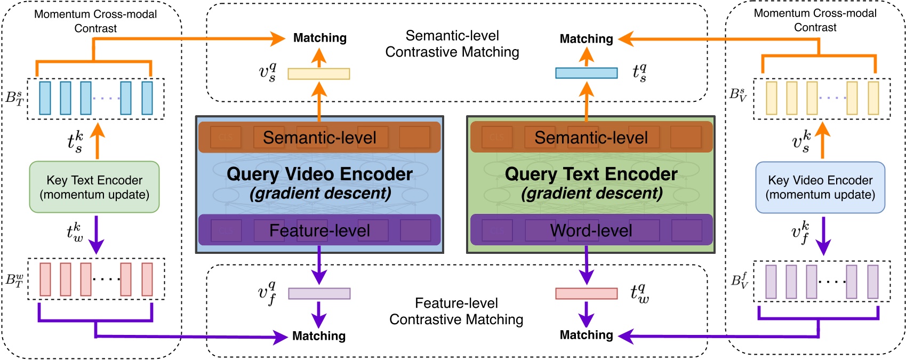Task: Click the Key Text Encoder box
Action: point(94,187)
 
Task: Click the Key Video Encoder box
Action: point(820,187)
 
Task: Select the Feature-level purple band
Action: point(319,230)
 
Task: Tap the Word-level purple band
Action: point(591,230)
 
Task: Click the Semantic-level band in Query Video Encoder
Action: point(319,138)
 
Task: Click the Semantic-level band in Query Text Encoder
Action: point(591,138)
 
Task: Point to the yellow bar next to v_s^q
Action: point(319,74)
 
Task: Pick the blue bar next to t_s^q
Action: point(586,73)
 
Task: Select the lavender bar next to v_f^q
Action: point(319,293)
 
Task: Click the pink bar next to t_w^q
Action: point(586,293)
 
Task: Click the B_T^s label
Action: point(14,98)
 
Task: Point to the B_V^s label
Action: point(738,95)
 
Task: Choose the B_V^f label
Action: point(739,280)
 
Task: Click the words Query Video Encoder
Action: point(319,174)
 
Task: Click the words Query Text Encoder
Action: point(591,174)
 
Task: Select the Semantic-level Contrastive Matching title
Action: point(452,44)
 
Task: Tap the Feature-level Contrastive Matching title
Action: point(456,311)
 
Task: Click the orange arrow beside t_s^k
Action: point(97,140)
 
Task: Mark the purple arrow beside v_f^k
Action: point(823,235)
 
